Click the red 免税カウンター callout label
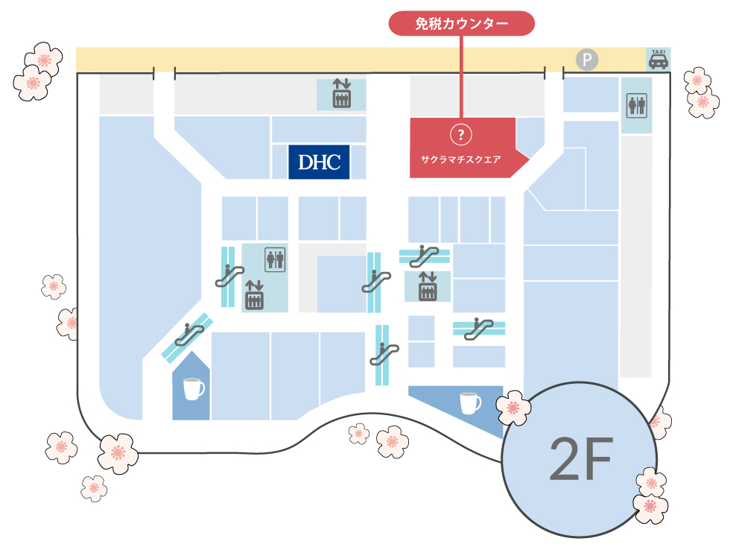(461, 23)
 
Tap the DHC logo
(319, 162)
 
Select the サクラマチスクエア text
(461, 159)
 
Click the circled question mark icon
(461, 135)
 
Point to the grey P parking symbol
(587, 60)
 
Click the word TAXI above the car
(658, 51)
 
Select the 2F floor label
(580, 459)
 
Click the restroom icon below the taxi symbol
(636, 105)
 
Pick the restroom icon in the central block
(275, 259)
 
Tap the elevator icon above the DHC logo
(342, 94)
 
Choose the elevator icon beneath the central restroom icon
(254, 295)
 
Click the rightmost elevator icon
(428, 286)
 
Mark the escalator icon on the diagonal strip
(189, 335)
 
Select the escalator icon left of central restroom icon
(230, 275)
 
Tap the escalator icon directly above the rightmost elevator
(424, 256)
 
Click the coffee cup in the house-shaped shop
(193, 389)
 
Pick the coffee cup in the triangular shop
(470, 403)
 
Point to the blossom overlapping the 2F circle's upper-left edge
(513, 407)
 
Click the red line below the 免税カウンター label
(461, 77)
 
